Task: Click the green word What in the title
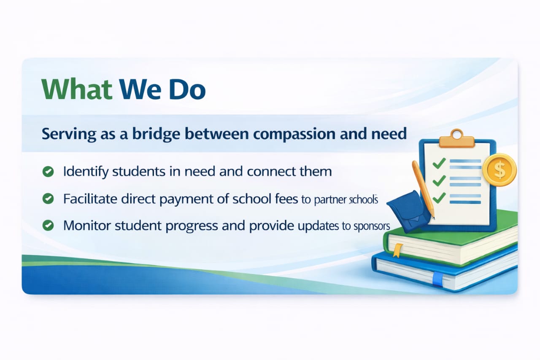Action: coord(77,89)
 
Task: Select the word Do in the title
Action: coord(187,89)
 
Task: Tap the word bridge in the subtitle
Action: coord(156,135)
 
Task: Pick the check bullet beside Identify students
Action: coord(48,172)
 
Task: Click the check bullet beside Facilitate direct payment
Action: coord(48,199)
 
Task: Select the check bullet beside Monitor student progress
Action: coord(48,226)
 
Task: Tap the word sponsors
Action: coord(372,227)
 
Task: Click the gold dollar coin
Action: coord(499,170)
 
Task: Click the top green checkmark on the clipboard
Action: coord(439,163)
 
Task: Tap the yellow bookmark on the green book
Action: coord(398,250)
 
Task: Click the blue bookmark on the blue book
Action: coord(437,279)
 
